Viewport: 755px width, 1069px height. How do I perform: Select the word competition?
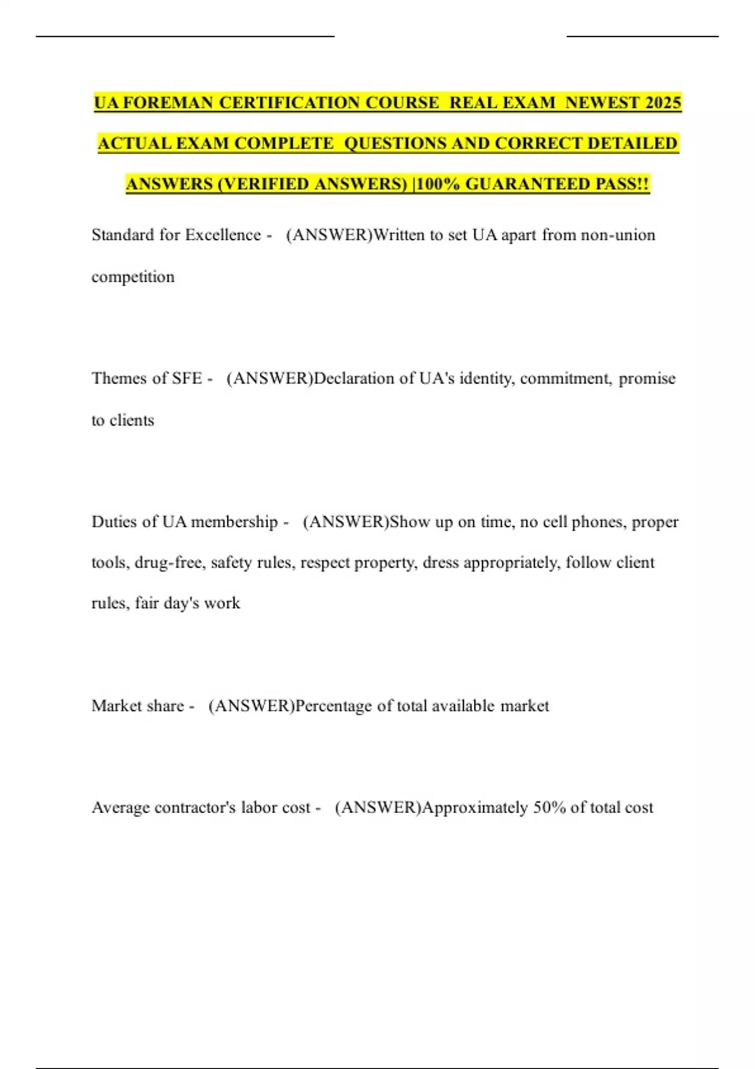133,277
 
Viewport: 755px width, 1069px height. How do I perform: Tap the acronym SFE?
187,378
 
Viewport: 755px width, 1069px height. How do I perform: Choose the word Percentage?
333,706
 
